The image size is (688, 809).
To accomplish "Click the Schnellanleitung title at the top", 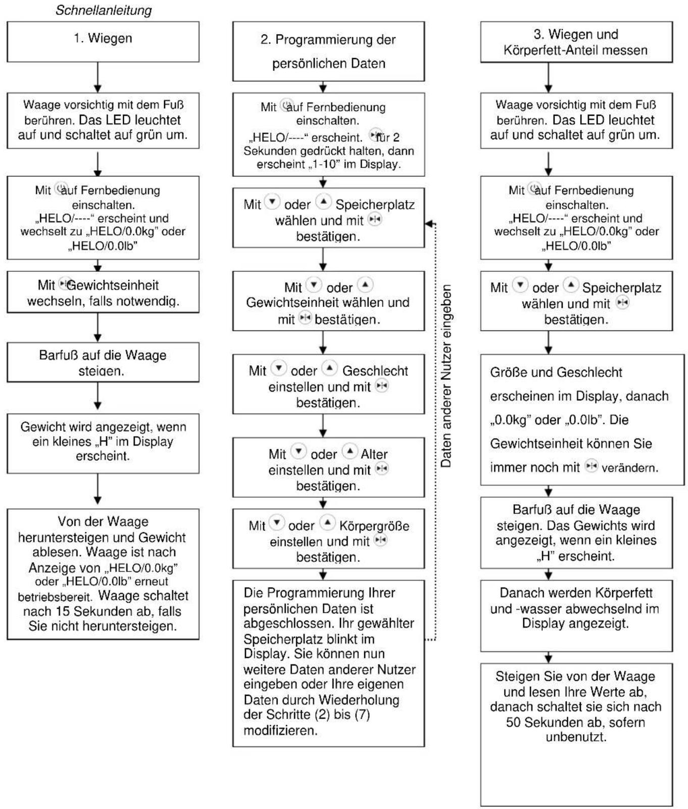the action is click(104, 10).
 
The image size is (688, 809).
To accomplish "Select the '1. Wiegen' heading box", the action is click(103, 42).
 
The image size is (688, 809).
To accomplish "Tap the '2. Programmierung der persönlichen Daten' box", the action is click(328, 51).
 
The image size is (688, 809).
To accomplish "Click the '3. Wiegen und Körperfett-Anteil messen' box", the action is click(576, 42).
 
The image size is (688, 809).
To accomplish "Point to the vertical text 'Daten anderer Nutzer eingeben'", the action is click(446, 376).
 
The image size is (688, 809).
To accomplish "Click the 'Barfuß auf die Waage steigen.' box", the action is click(103, 362).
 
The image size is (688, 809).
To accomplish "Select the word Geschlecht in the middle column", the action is click(375, 371).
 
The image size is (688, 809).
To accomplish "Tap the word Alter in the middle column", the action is click(374, 454).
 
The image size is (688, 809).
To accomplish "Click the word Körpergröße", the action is click(374, 526).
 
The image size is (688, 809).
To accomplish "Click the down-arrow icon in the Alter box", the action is click(300, 451).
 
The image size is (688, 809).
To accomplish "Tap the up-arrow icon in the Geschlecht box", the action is click(329, 367).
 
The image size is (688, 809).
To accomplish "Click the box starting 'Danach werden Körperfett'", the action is click(576, 616).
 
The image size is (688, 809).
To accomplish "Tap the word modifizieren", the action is click(280, 731).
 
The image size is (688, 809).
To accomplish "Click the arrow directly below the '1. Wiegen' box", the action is click(98, 77).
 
